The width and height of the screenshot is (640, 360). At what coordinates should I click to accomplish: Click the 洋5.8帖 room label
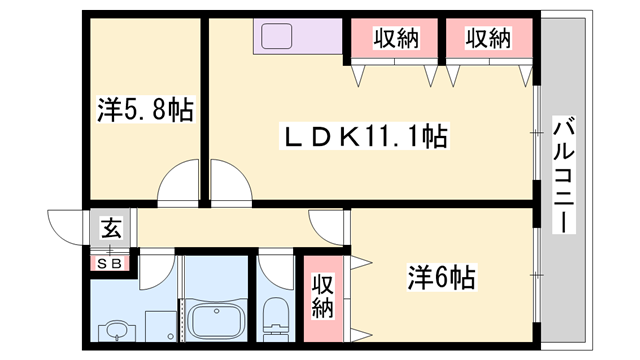coord(145,108)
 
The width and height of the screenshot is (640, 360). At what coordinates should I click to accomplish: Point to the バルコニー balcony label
coord(564,175)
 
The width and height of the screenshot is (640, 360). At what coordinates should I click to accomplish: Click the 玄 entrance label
coord(111,229)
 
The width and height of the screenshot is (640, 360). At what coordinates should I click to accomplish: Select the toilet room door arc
coord(271,269)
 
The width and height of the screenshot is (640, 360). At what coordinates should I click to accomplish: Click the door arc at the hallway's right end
coord(327,223)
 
